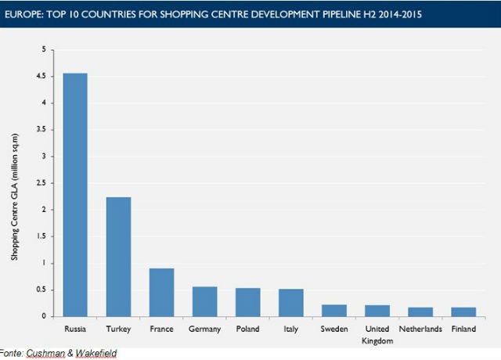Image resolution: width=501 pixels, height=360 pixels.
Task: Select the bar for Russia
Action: coord(75,195)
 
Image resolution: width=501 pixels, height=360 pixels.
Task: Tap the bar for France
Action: coord(161,292)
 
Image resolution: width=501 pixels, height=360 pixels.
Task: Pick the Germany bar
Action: coord(204,301)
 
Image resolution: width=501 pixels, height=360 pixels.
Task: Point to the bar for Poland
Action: coord(247,302)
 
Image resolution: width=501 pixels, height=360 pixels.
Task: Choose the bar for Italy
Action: coord(290,303)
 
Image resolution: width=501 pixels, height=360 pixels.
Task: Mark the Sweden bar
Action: coord(333,310)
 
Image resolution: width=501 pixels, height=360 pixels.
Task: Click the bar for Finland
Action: coord(463,311)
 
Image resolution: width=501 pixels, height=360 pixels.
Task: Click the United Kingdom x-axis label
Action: coord(377,335)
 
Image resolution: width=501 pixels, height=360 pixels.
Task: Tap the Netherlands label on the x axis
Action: coord(420,329)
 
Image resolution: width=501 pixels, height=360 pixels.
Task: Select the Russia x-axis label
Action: coord(75,329)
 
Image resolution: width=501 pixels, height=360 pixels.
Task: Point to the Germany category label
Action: coord(204,329)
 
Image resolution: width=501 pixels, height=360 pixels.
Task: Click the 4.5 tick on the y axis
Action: coord(43,77)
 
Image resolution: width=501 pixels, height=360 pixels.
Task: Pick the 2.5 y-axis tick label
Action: coord(43,183)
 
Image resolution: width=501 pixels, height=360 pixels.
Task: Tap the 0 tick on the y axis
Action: coord(46,316)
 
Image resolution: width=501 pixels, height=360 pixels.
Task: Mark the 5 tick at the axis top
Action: coord(46,50)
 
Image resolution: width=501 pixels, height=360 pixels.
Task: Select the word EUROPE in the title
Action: coord(24,14)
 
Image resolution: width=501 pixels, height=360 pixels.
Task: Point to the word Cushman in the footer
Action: coord(45,354)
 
